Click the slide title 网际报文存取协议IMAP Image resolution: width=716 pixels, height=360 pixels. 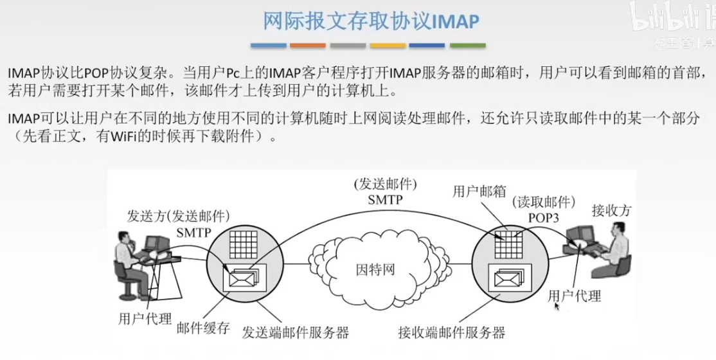(x=371, y=21)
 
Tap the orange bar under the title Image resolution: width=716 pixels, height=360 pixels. (x=308, y=46)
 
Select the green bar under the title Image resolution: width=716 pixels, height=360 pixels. (x=467, y=46)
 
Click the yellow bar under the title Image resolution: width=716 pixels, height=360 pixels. (x=388, y=46)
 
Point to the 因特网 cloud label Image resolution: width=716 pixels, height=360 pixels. (x=375, y=269)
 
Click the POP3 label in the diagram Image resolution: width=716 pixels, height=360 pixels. (x=543, y=218)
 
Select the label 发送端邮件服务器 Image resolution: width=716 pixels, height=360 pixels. (x=296, y=332)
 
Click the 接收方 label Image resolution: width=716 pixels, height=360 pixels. (x=612, y=210)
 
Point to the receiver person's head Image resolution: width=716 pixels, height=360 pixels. (x=618, y=230)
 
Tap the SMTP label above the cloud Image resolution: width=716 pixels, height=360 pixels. (x=385, y=200)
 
